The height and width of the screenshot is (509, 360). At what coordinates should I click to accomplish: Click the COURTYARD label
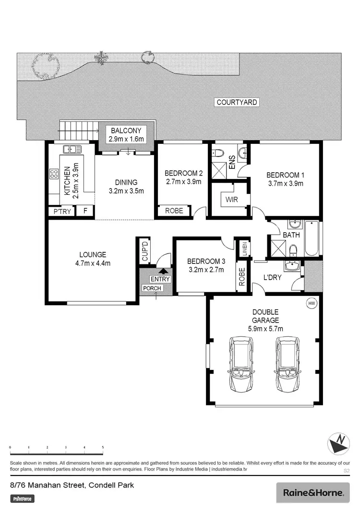point(237,102)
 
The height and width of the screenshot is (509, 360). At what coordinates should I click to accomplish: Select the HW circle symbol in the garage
point(312,303)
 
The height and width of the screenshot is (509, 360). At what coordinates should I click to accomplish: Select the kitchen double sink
point(72,149)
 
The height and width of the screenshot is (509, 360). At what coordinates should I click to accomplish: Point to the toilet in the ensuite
point(218,153)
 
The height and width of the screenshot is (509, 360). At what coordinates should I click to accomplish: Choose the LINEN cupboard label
point(244,249)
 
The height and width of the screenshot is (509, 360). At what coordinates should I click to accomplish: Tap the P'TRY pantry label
point(61,211)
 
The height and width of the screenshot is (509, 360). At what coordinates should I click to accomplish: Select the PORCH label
point(151,288)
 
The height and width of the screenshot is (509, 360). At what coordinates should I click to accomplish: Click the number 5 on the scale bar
point(103,447)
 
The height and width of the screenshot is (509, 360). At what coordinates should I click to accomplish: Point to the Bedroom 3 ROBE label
point(242,277)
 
